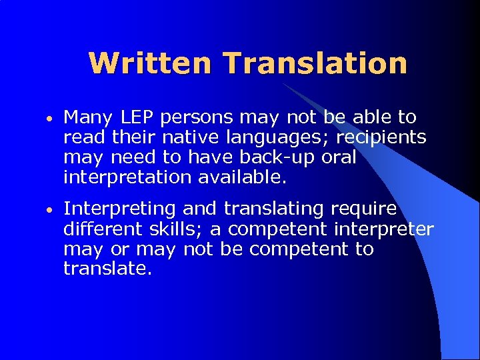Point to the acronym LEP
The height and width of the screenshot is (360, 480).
(x=140, y=118)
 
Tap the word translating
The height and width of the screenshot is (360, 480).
(x=274, y=210)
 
